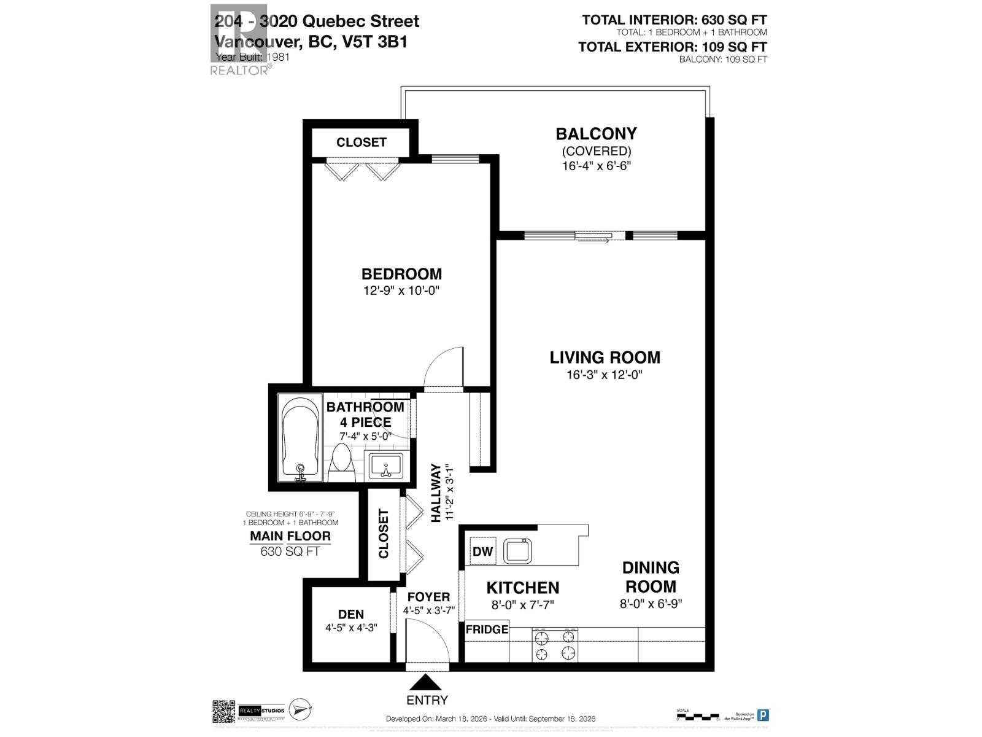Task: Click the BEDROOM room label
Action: [x=401, y=274]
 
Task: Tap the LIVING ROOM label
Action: [x=605, y=357]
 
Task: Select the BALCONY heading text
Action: [x=596, y=134]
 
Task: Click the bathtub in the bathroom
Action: [x=300, y=438]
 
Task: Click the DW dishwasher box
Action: [x=483, y=551]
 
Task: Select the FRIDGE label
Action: [x=487, y=630]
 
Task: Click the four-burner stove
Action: [x=555, y=645]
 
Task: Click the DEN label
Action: [x=351, y=614]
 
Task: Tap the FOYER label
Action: [x=428, y=597]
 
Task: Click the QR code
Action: [x=224, y=712]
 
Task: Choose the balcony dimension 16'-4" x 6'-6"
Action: [x=596, y=166]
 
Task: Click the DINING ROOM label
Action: [x=651, y=577]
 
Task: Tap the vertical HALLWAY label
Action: [x=436, y=493]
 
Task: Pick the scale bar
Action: [x=697, y=716]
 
